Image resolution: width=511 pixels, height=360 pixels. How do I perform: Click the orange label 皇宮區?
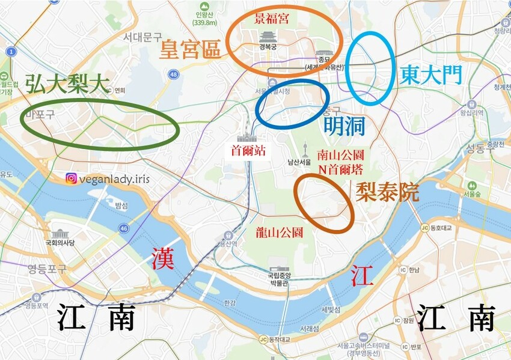(190, 50)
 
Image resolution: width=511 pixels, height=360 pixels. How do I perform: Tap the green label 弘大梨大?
(63, 84)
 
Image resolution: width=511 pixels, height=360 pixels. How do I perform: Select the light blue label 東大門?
(431, 75)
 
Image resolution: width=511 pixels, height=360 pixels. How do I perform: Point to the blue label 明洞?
(344, 126)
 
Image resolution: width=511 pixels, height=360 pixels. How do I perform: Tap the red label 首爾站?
(248, 150)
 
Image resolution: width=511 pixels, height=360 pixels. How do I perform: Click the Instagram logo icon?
(72, 178)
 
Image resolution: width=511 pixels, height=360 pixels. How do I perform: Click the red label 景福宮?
(272, 19)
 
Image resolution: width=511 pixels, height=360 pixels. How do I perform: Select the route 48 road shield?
(174, 75)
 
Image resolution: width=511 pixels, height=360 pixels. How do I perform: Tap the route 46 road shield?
(123, 228)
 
